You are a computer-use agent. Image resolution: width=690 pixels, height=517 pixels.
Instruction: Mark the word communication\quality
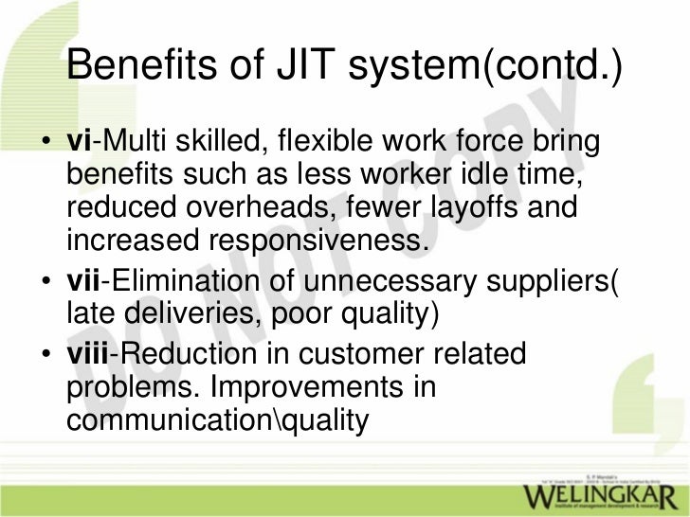coord(216,419)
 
